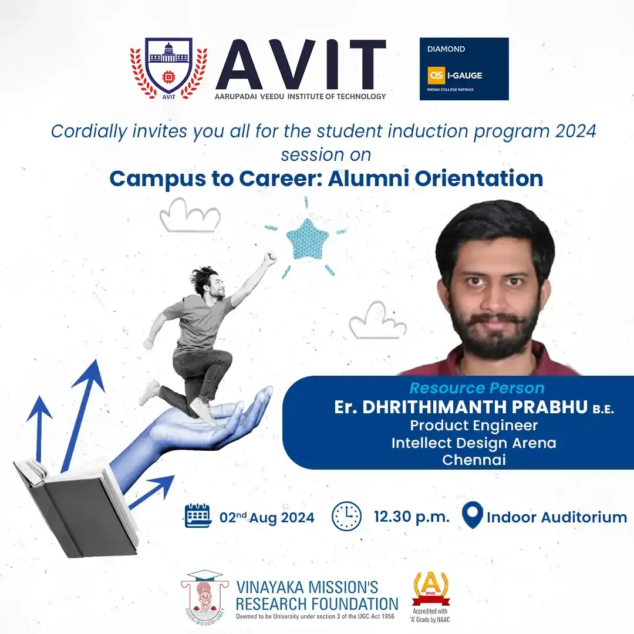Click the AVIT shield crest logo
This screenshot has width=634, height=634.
168,68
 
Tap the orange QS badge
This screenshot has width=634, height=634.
436,75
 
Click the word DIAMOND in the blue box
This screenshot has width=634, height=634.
446,49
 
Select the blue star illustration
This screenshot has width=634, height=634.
307,240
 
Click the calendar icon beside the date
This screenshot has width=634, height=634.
198,515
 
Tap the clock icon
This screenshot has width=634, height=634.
346,517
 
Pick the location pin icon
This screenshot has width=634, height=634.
472,515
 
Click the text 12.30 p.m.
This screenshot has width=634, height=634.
412,517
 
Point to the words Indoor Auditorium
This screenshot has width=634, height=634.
557,517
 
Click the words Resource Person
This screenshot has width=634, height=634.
477,388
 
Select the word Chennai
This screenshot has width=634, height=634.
474,460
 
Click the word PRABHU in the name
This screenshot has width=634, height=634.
550,407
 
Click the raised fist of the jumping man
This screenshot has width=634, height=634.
269,258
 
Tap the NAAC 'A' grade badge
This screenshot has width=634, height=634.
431,597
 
